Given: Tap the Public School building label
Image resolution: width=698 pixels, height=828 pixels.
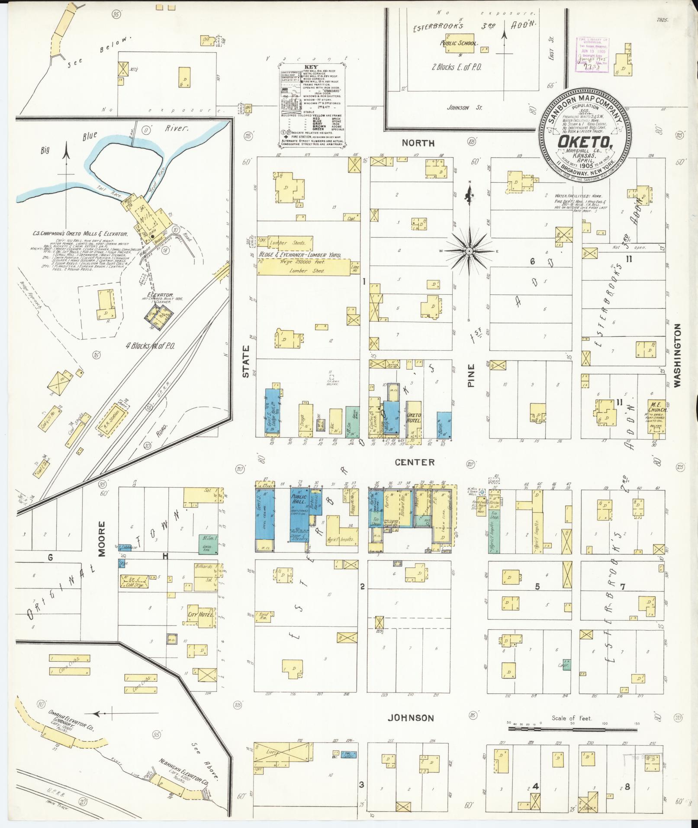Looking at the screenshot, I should pos(458,43).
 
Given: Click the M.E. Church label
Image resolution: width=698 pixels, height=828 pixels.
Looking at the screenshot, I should pos(656,407).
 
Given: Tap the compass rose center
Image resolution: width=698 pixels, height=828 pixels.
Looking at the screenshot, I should pos(469,251).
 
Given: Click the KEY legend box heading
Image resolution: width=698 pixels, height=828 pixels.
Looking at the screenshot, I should pos(311,68).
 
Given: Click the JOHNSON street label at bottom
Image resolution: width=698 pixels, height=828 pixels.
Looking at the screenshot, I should pos(410,718).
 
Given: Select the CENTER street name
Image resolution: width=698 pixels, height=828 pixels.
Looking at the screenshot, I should pos(414,462).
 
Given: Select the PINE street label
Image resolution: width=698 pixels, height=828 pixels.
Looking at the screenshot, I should pos(471,375).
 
